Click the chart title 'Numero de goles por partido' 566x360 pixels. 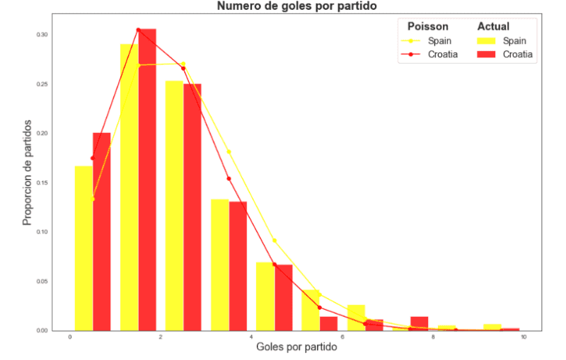click(297, 6)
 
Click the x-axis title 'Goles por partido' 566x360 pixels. click(296, 347)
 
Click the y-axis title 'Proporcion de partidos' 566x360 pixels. click(28, 172)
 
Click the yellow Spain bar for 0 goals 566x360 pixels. click(83, 248)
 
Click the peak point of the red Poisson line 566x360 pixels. click(138, 30)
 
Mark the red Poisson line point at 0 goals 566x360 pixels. click(93, 158)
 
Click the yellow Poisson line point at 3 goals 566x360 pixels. click(229, 151)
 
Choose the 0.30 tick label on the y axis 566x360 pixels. click(42, 35)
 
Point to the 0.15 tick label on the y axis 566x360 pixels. click(42, 182)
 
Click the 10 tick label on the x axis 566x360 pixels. click(523, 337)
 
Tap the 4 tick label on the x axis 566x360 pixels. click(251, 337)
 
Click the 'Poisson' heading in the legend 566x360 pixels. click(423, 26)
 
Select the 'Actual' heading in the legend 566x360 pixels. click(493, 26)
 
